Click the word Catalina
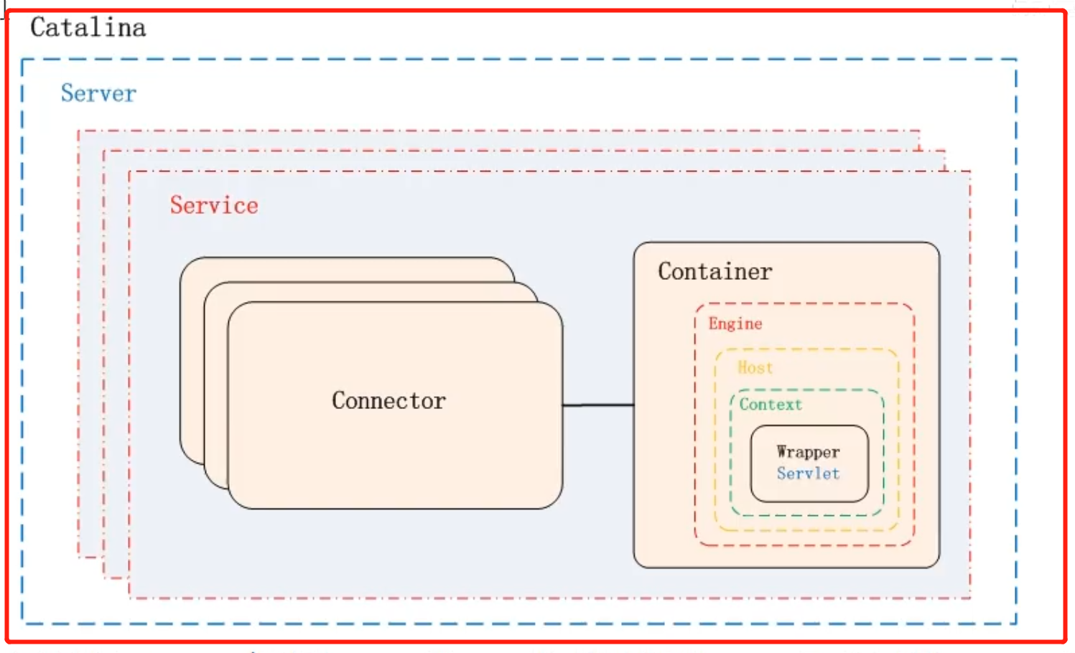coord(88,28)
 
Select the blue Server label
coord(98,93)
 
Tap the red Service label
coord(214,206)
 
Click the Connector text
coord(388,400)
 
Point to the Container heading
coord(715,272)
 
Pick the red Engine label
coord(735,324)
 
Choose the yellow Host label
coord(755,367)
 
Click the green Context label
coord(771,405)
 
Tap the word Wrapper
coord(808,452)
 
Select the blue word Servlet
coord(808,474)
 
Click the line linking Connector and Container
coord(597,405)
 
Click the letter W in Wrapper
coord(783,452)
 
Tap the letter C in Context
coord(744,405)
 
